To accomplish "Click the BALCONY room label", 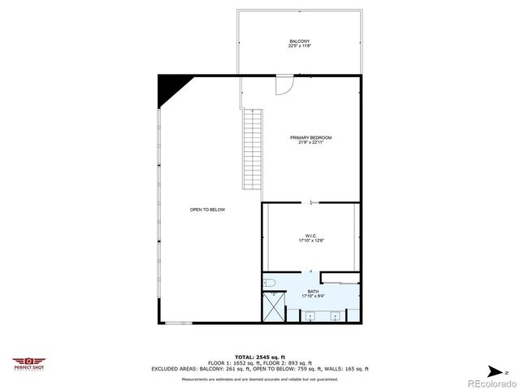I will click(x=299, y=41).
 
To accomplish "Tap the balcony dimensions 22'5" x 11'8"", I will click(x=299, y=46).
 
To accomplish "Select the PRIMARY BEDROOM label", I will click(x=311, y=138).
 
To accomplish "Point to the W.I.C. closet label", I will click(x=311, y=236).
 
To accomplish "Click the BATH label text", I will click(x=313, y=292).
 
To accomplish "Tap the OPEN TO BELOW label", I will click(x=207, y=210).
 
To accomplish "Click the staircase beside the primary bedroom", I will click(x=252, y=149).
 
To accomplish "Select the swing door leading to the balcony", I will click(x=284, y=84).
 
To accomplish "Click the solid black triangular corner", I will click(x=170, y=87).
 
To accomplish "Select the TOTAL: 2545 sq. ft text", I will click(x=260, y=357).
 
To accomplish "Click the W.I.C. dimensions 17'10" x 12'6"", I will click(x=311, y=240).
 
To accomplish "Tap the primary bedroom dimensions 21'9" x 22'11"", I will click(x=311, y=143).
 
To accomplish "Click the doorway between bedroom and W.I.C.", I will click(x=311, y=201).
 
